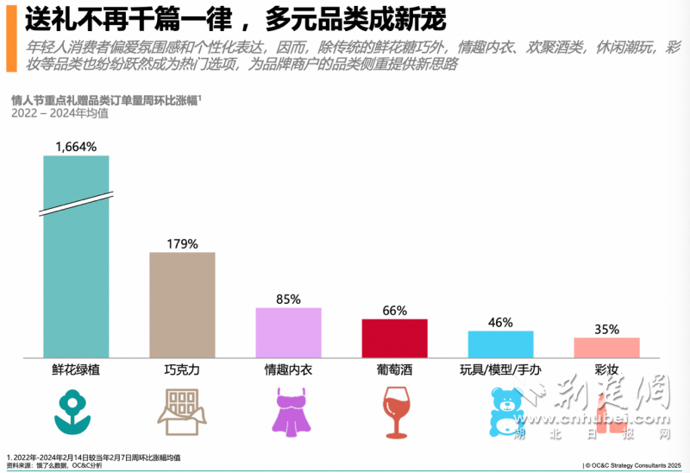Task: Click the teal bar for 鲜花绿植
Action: tap(76, 259)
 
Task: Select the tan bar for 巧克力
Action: tap(182, 305)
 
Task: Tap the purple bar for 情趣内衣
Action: tap(288, 332)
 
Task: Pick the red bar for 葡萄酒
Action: tap(394, 337)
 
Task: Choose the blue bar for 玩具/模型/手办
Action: tap(500, 344)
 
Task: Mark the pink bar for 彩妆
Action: tap(606, 347)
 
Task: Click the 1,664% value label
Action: tap(76, 148)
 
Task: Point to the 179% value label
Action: tap(182, 243)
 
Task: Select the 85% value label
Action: tap(288, 300)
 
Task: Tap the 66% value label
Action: tap(394, 311)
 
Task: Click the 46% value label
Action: tap(500, 323)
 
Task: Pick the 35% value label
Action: tap(606, 329)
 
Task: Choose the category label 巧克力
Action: tap(182, 370)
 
